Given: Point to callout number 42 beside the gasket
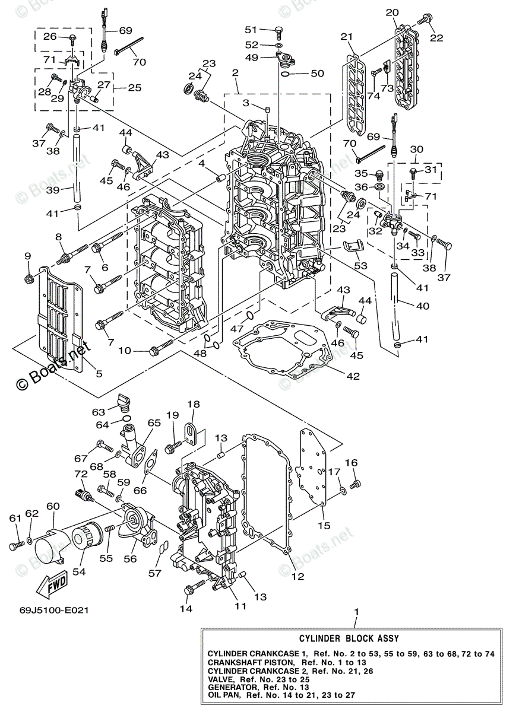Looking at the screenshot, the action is coord(353,376).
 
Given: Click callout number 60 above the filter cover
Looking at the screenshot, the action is coord(53,506).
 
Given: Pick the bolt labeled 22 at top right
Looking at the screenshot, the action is coord(424,20).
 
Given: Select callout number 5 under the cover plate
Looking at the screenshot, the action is coord(99,374).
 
